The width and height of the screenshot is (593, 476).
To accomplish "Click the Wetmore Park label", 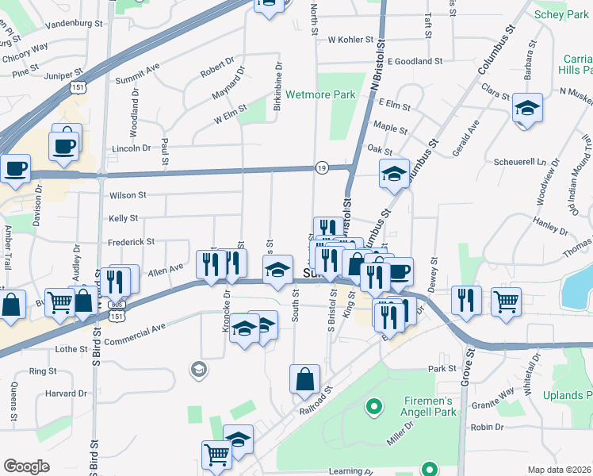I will [x=320, y=94].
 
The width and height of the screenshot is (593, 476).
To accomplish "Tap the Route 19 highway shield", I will [x=321, y=168].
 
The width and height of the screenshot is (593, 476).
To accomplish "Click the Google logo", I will [x=26, y=466].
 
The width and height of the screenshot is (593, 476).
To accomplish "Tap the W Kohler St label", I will [x=350, y=39].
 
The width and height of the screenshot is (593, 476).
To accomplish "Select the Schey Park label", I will [x=561, y=14].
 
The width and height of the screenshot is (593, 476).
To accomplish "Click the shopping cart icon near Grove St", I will [x=506, y=301].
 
